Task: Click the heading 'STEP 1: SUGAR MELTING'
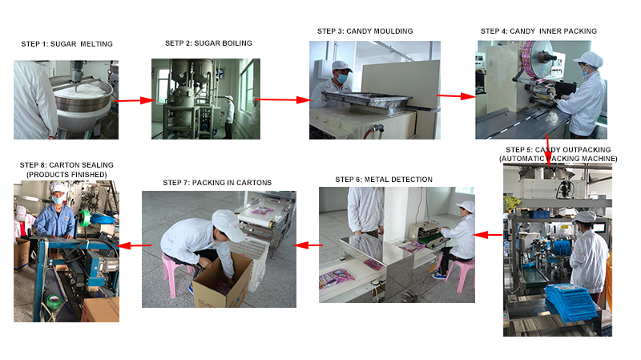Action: pos(67,44)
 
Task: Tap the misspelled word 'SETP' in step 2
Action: pos(173,43)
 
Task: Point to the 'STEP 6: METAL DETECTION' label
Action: pos(384,180)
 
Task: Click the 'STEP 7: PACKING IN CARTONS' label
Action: pos(217,183)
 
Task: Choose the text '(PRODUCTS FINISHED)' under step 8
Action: pos(67,175)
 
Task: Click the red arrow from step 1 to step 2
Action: pos(134,100)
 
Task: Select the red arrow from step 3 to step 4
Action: pos(456,96)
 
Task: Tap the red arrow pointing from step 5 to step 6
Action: pos(488,235)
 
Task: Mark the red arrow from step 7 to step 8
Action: pos(134,245)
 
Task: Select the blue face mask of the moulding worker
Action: pos(341,77)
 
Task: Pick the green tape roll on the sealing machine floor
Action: pos(54,301)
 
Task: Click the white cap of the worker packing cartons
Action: pos(229,224)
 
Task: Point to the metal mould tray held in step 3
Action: pos(366,101)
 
